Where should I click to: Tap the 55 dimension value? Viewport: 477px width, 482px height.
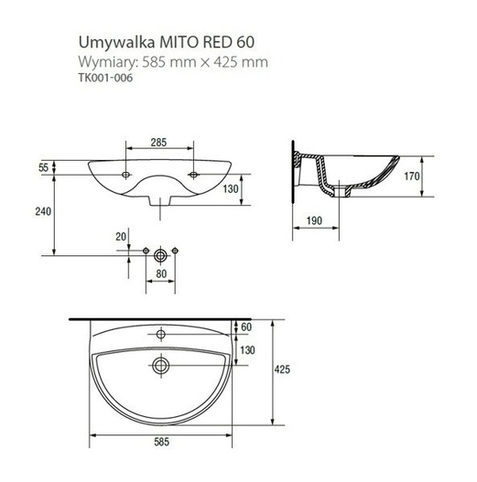43,168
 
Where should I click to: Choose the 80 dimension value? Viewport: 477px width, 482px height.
160,273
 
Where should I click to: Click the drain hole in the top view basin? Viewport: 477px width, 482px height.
161,366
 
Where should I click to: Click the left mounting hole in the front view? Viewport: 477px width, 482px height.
125,173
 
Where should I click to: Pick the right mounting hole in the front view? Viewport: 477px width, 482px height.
194,173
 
